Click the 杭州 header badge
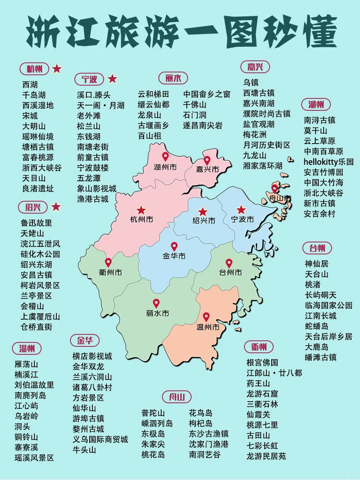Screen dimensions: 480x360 click(34, 69)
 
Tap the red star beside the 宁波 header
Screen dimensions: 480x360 click(112, 79)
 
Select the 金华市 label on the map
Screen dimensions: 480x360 click(174, 256)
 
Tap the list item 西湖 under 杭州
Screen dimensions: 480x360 click(30, 84)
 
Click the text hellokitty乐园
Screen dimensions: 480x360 click(328, 162)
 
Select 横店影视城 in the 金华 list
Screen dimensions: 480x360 click(92, 356)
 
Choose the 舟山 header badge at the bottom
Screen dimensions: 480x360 click(177, 397)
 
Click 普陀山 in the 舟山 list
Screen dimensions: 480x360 click(153, 413)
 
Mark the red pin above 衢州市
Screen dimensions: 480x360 click(108, 262)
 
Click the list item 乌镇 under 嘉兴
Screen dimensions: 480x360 click(251, 82)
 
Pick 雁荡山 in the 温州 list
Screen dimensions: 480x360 click(26, 364)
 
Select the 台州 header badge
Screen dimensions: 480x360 click(317, 248)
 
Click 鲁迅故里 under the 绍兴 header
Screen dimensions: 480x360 click(36, 223)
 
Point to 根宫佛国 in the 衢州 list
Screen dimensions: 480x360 click(262, 362)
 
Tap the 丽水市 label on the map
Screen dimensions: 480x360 click(157, 313)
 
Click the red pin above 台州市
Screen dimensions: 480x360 click(229, 263)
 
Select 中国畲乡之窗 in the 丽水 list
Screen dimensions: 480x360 click(207, 94)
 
